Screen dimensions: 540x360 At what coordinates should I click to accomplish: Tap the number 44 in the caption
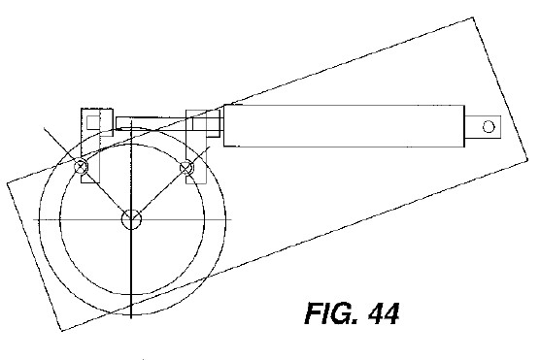384,313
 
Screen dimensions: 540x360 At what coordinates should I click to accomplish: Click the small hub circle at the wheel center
131,219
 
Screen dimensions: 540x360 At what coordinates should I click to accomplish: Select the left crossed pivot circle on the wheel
82,167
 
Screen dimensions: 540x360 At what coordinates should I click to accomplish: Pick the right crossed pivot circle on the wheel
186,167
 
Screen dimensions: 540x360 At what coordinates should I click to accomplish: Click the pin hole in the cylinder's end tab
489,127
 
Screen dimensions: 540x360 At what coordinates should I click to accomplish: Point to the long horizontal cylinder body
344,126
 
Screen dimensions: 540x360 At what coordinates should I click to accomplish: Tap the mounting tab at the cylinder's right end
483,127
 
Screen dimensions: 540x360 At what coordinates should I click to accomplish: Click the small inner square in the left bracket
93,123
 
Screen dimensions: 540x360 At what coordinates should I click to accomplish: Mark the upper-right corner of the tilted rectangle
474,17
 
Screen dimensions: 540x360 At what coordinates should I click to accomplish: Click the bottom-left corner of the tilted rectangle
61,331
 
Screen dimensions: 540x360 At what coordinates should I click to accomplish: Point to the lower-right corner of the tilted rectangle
528,159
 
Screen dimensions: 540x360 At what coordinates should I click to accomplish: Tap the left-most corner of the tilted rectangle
8,183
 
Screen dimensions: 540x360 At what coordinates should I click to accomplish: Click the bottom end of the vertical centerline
131,318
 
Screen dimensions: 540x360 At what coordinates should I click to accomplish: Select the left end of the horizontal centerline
33,219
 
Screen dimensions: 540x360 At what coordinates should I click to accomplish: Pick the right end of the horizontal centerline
231,219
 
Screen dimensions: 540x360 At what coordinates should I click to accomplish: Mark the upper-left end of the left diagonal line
44,128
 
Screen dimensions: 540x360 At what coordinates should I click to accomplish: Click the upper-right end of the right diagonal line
210,147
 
